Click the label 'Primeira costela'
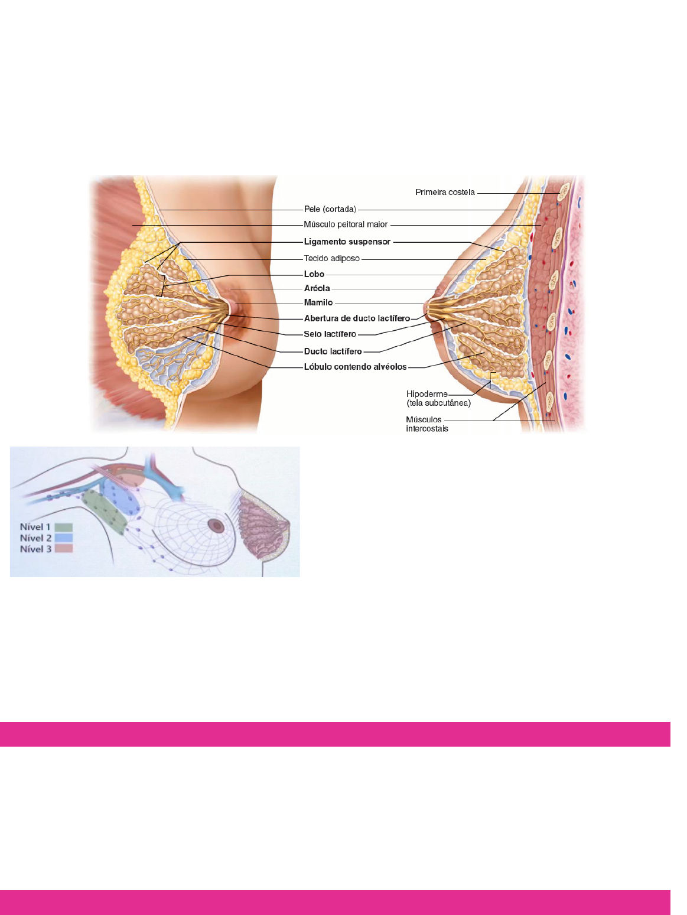click(445, 192)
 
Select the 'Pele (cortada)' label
click(330, 209)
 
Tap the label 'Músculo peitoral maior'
click(346, 224)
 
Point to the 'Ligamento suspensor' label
click(347, 242)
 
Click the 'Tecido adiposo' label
click(331, 258)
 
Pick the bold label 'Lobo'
click(314, 274)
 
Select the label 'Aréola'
click(317, 288)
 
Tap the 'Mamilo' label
click(318, 302)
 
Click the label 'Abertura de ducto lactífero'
click(357, 318)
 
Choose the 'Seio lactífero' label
click(330, 334)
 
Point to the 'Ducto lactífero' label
click(333, 351)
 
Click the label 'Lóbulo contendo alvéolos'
click(355, 367)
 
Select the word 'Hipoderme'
click(426, 394)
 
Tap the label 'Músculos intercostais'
click(426, 424)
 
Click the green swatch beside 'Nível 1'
click(63, 527)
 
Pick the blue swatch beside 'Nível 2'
click(63, 538)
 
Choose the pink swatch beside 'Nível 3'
click(63, 549)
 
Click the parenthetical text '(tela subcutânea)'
click(438, 403)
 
